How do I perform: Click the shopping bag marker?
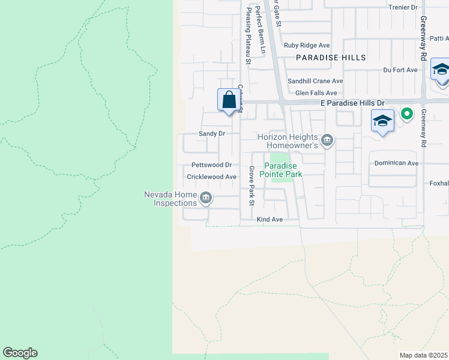click(x=229, y=100)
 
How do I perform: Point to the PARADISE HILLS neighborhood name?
click(x=331, y=58)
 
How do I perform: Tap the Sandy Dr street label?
click(x=211, y=133)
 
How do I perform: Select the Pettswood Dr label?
click(x=211, y=165)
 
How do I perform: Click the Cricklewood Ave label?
click(x=212, y=177)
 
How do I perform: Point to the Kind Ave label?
click(x=270, y=220)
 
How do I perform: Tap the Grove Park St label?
click(x=252, y=184)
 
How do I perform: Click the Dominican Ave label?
click(x=396, y=163)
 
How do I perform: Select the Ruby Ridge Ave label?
click(x=307, y=45)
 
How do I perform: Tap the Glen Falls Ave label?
click(x=316, y=93)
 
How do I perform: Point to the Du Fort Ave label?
click(x=400, y=70)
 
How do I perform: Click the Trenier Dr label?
click(x=403, y=7)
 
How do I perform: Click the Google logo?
click(x=20, y=353)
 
